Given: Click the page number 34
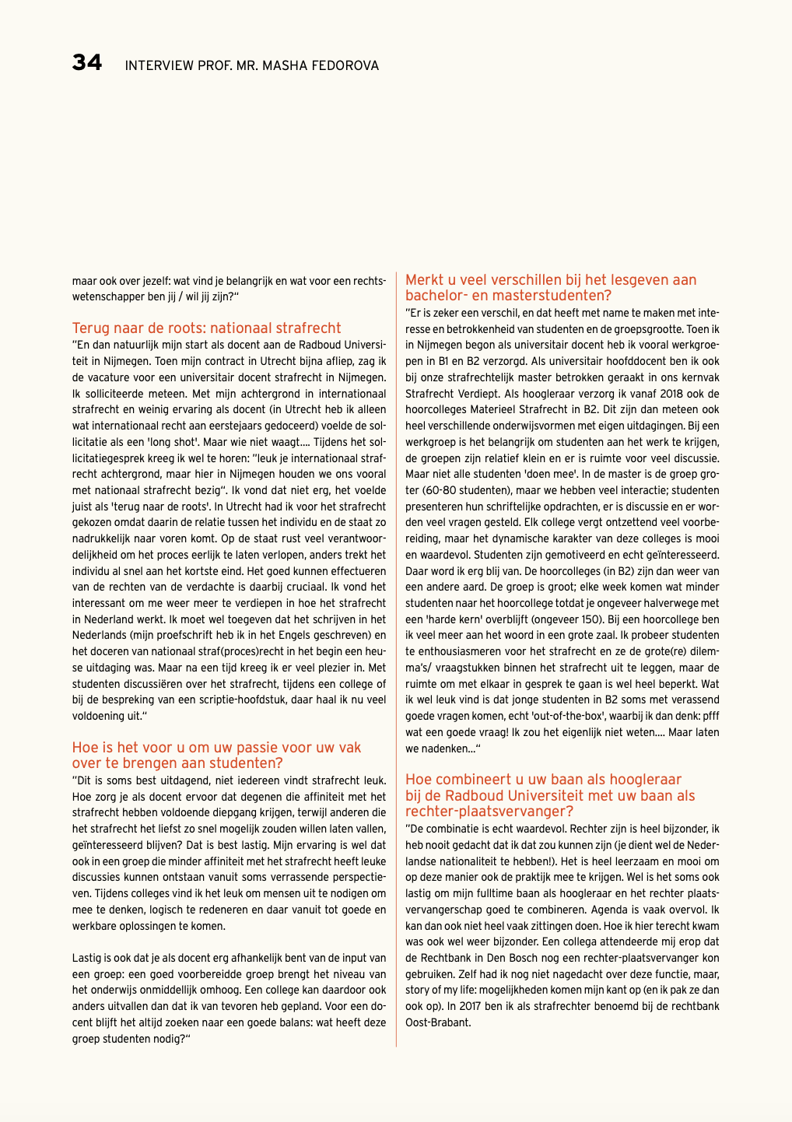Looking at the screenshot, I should click(87, 62).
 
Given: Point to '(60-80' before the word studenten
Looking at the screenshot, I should click(425, 490).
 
